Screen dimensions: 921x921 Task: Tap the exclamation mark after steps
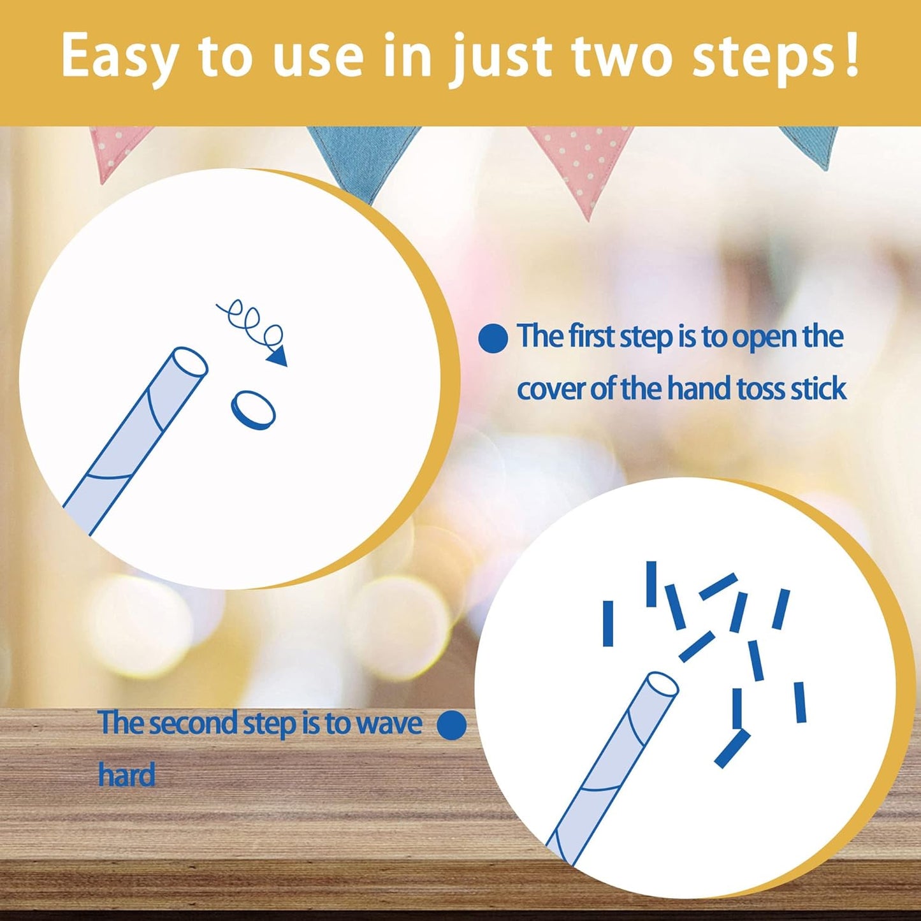tap(852, 54)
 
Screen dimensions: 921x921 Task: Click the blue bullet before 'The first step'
tap(493, 339)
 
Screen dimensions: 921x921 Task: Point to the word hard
tap(127, 775)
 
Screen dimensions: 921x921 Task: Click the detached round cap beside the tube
tap(253, 410)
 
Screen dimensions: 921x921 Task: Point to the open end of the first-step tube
tap(189, 362)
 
